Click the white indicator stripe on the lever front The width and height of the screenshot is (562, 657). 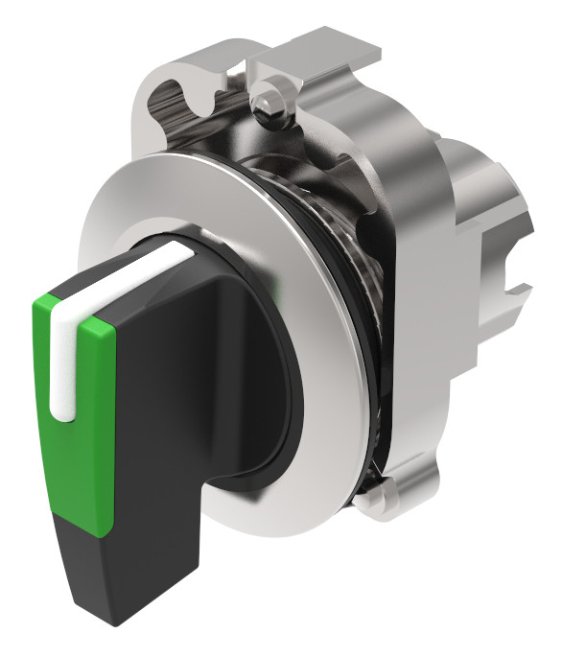click(x=61, y=364)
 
